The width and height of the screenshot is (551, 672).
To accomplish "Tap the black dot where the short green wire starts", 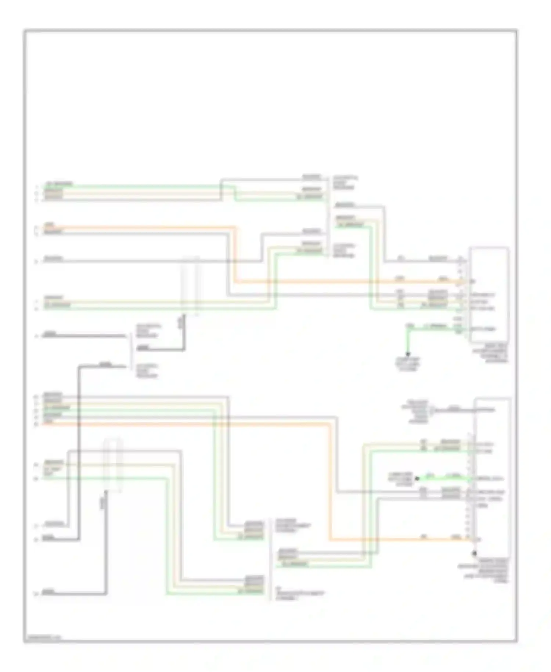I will tap(417, 479).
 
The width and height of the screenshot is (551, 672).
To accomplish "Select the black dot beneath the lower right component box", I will tap(474, 553).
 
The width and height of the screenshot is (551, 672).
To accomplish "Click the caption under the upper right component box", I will tap(490, 353).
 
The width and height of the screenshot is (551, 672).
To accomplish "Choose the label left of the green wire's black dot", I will tap(400, 479).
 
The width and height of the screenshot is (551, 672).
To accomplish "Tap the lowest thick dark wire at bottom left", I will tap(73, 594).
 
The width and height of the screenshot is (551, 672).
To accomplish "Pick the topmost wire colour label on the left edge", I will tap(59, 184).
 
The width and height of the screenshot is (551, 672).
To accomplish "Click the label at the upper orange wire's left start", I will tap(49, 224).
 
